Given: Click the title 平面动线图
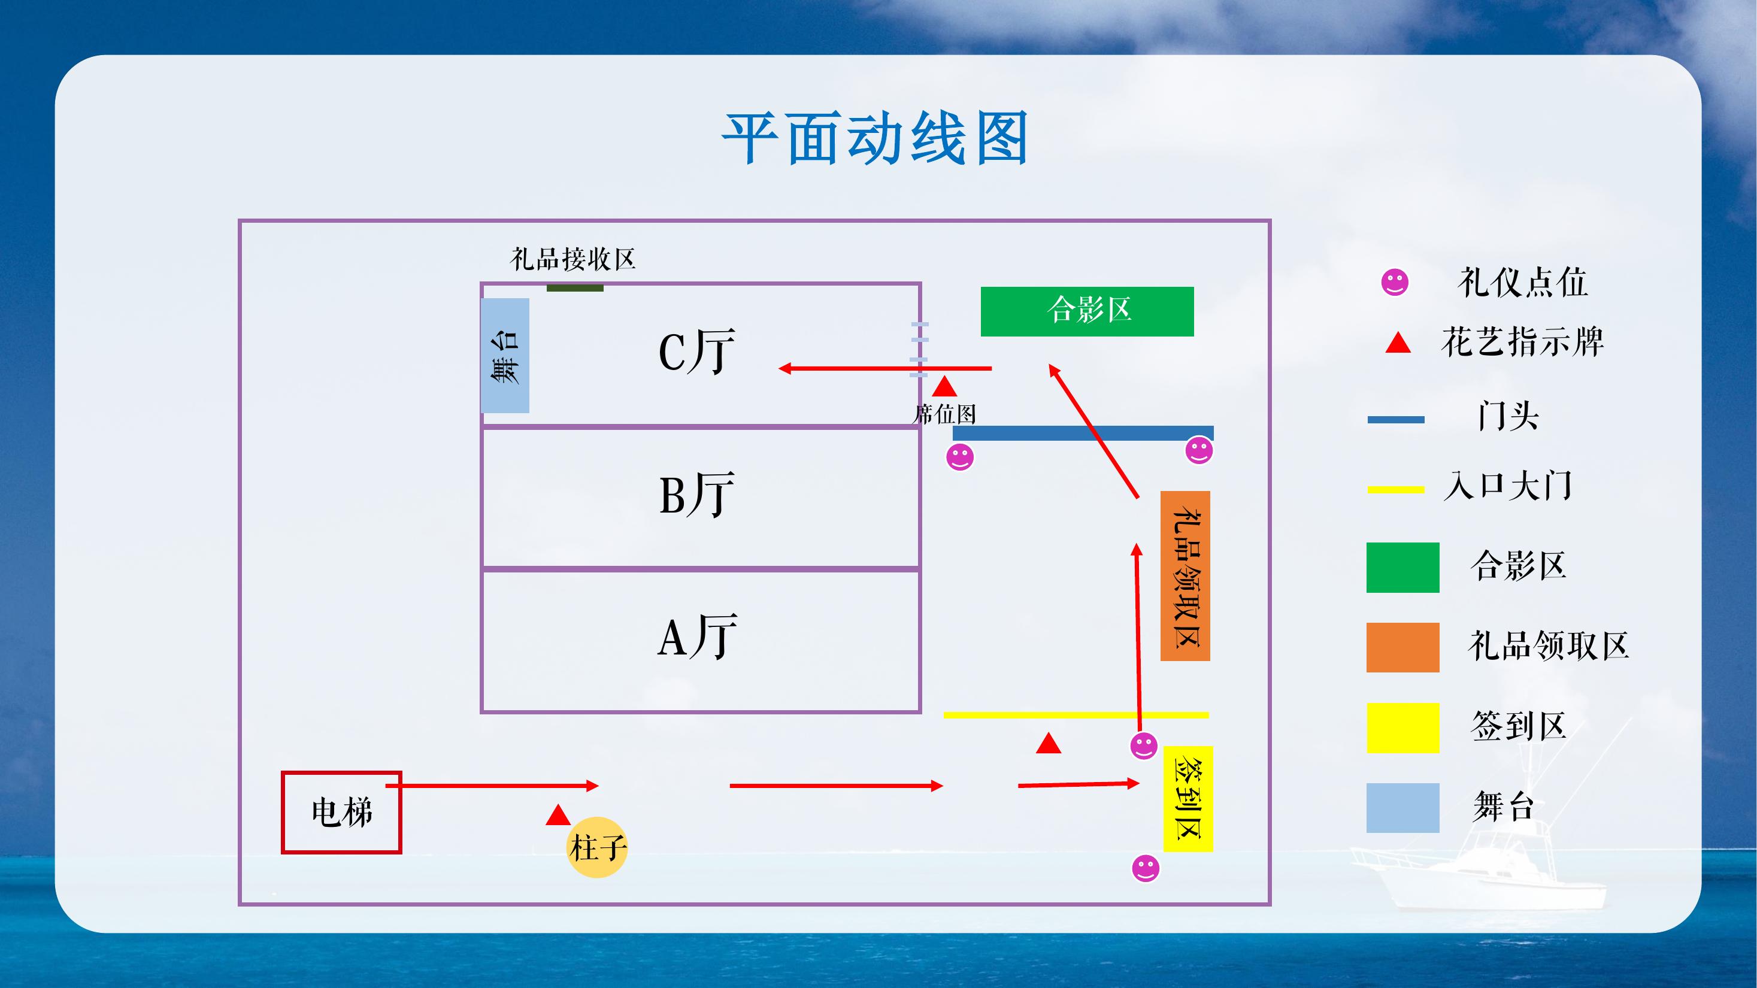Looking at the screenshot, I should pyautogui.click(x=875, y=140).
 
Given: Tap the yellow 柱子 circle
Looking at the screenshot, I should pyautogui.click(x=597, y=847).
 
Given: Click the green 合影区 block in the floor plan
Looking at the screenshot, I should pyautogui.click(x=1086, y=311).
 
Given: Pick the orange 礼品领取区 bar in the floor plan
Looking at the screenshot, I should pyautogui.click(x=1185, y=576).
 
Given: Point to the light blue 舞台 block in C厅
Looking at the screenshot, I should pyautogui.click(x=505, y=355).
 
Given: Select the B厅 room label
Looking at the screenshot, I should pyautogui.click(x=696, y=495).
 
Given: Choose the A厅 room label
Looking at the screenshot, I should pyautogui.click(x=696, y=636).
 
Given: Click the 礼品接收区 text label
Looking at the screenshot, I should pyautogui.click(x=572, y=260).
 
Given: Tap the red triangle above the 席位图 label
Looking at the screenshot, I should pyautogui.click(x=944, y=388).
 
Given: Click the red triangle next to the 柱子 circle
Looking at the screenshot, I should pyautogui.click(x=558, y=816).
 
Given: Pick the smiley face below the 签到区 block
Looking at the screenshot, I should pyautogui.click(x=1145, y=868).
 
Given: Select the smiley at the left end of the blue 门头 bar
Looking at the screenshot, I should pyautogui.click(x=960, y=457).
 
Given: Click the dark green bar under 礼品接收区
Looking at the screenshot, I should pyautogui.click(x=574, y=288).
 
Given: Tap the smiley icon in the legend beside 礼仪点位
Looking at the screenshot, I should pyautogui.click(x=1394, y=281).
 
